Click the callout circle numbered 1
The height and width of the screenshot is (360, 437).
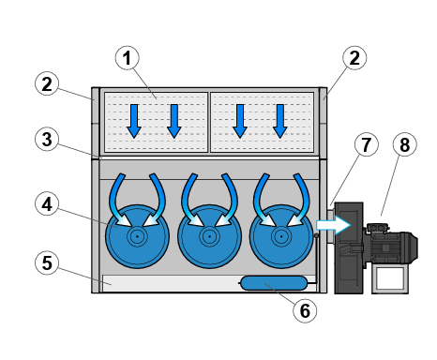coord(128,58)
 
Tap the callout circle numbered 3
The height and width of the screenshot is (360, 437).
coord(47,140)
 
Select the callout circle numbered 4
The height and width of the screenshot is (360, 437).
coord(47,204)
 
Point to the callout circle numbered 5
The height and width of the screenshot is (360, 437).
coord(47,262)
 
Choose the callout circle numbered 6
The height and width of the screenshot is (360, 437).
coord(305,310)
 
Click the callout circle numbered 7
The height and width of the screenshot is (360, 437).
coord(367,144)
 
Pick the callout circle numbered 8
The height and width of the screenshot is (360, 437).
coord(405,144)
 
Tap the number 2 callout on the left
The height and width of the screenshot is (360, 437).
coord(47,83)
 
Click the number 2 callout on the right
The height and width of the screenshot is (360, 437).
coord(354,58)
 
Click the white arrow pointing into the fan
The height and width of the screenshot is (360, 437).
coord(333,225)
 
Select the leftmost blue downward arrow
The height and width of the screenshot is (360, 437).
coord(134,121)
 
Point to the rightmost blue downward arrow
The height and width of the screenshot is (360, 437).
coord(280,121)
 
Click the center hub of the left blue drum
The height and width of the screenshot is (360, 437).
coord(137,236)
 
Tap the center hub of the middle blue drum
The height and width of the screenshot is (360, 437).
coord(209,236)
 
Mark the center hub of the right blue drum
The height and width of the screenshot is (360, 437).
coord(281,236)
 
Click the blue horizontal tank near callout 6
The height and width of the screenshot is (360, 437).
coord(274,283)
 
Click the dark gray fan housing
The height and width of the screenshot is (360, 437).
coord(349,248)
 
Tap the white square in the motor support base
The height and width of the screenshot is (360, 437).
coord(390,278)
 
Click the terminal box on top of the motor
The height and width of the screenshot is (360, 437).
coord(378,228)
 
